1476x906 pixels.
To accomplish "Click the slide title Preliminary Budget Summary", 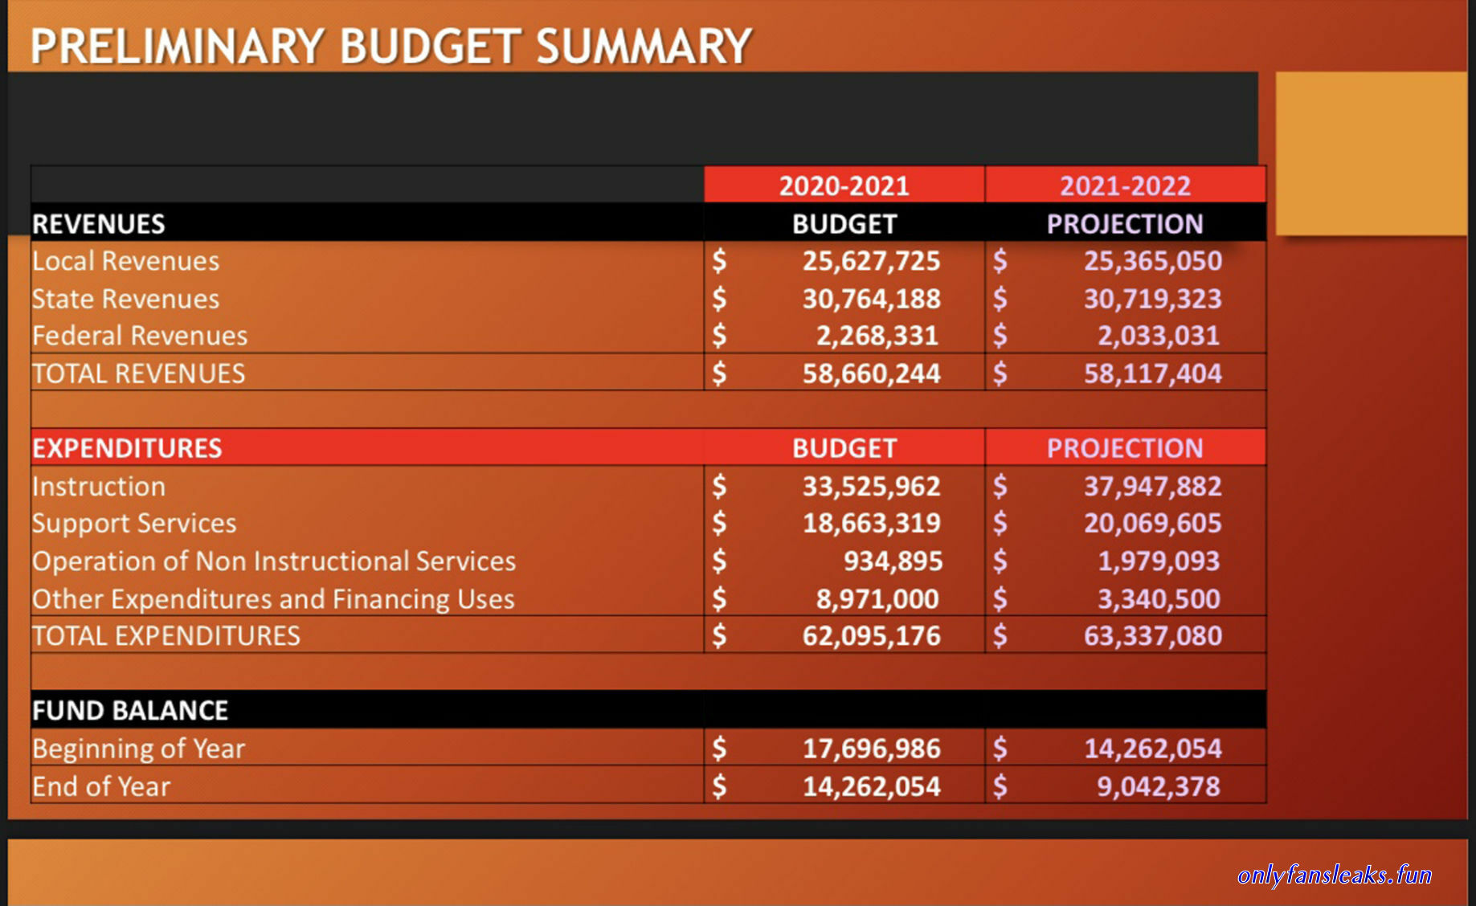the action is [391, 47].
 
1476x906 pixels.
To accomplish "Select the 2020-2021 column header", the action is [844, 186].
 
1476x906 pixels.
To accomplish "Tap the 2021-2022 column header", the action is [1125, 186].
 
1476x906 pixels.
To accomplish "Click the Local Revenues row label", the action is [125, 261].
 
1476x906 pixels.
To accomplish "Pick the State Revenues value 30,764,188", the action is [871, 299].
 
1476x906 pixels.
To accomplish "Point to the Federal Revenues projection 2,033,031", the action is [1159, 336].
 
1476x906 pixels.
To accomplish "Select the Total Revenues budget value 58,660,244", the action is [871, 373].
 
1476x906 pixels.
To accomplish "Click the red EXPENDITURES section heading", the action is [127, 448].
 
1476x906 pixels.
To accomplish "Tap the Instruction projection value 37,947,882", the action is [1152, 486].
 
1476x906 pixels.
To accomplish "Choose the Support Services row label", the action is [134, 524].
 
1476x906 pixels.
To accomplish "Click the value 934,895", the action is [893, 561].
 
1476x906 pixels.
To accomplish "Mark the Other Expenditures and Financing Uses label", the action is [273, 599].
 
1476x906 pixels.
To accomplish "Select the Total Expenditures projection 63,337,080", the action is [1152, 636].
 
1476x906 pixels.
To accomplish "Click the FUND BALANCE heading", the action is [130, 711].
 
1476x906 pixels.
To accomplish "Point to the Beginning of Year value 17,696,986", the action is [871, 749].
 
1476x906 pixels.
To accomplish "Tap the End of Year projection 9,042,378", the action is [1159, 786].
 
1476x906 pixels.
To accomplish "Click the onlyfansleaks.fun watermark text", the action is [1335, 875].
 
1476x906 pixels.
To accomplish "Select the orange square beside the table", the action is [1372, 153].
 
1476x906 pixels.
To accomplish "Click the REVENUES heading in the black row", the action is [98, 224].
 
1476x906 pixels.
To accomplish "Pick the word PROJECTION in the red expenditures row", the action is [1125, 448].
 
